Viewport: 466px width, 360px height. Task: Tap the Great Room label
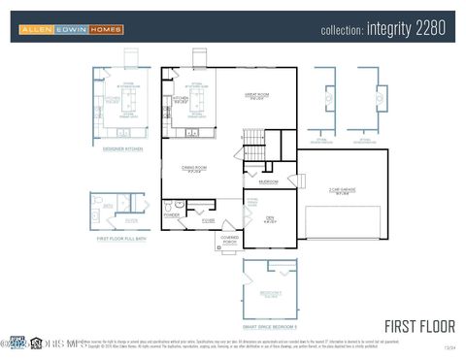(x=255, y=96)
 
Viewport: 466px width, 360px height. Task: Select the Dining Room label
(x=194, y=169)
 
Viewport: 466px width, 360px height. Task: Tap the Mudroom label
(x=269, y=181)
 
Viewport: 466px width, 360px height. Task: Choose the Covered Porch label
(x=230, y=239)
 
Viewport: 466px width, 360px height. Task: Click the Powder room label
(x=172, y=215)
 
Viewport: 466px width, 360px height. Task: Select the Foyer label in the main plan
(x=208, y=220)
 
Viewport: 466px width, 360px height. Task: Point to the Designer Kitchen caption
(x=123, y=148)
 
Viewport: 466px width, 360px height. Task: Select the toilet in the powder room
(x=168, y=205)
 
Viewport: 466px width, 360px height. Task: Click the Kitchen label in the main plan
(x=181, y=99)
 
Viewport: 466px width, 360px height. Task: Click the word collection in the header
(x=343, y=30)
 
